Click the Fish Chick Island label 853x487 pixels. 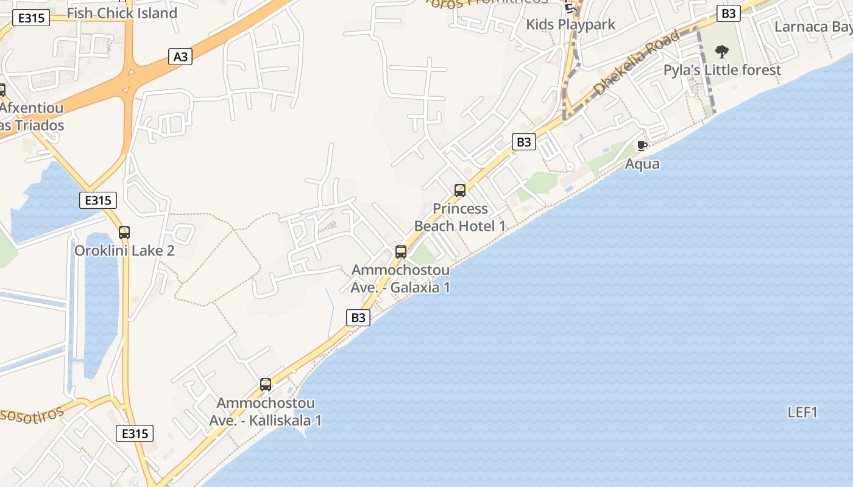pos(122,13)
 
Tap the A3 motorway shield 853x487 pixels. pos(180,57)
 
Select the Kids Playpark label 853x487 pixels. pos(570,24)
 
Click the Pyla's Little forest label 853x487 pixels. pos(722,70)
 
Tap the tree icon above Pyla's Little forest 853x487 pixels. pos(722,51)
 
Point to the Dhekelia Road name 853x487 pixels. pos(636,63)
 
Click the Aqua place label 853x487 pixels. pos(642,164)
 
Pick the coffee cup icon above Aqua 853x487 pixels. pos(642,145)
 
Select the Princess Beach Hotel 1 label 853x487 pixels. pos(460,217)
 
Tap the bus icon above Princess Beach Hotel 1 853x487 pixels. pos(460,191)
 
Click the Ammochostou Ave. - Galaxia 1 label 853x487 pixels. pos(400,279)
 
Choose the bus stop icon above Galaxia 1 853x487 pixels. pos(401,251)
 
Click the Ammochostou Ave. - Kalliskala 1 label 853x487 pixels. pos(266,412)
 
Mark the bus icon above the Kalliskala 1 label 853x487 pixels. pos(266,384)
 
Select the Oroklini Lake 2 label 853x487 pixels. pos(124,251)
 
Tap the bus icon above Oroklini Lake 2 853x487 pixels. pos(124,232)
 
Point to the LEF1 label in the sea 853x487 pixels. pos(802,412)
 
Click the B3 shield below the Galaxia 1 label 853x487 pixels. pos(358,317)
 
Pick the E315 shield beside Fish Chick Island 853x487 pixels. pos(31,18)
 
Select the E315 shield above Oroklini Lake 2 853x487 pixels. pos(97,200)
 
